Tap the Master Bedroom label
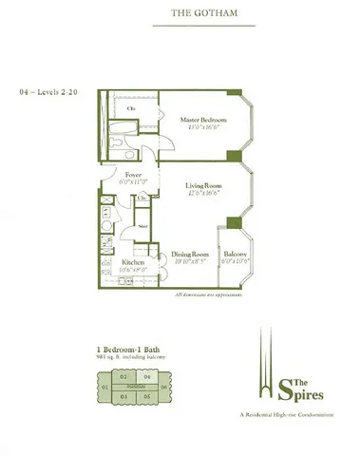click(x=201, y=120)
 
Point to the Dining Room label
click(x=190, y=254)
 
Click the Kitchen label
click(x=132, y=260)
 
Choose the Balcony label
click(x=235, y=255)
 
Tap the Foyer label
click(x=133, y=176)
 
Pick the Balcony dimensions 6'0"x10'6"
click(x=235, y=262)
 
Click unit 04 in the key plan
click(x=145, y=377)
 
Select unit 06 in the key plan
click(x=165, y=389)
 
